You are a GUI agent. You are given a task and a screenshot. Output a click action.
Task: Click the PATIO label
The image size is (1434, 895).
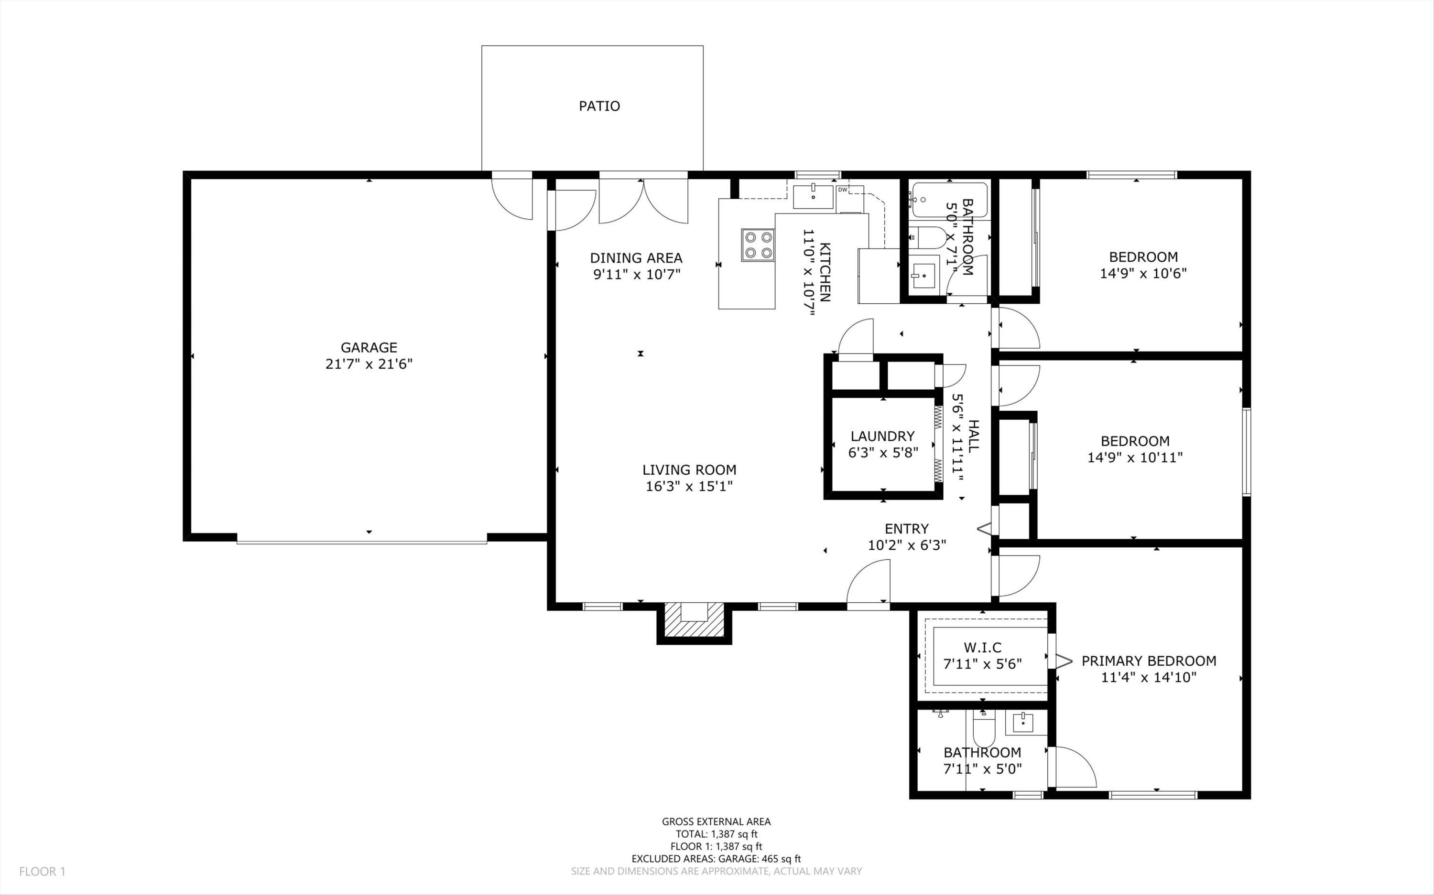[599, 106]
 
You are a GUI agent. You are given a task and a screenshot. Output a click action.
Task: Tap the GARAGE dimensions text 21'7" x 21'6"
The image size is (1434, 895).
[369, 364]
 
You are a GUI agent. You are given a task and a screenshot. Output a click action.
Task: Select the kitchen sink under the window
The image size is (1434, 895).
[814, 196]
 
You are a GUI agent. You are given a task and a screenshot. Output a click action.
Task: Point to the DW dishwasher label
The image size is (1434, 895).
[842, 190]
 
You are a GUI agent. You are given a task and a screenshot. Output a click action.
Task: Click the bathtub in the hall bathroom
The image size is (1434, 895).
[949, 200]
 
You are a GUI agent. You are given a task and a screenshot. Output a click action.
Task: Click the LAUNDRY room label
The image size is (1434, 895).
[882, 436]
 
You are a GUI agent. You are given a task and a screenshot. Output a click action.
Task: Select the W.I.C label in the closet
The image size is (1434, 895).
[982, 648]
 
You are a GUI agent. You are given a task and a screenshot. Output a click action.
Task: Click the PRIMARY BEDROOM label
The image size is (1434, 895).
[1149, 661]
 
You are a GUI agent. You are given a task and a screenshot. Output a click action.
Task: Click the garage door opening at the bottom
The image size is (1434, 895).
[361, 541]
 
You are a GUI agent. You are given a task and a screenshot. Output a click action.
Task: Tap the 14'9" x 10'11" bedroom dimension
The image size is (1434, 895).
[1135, 458]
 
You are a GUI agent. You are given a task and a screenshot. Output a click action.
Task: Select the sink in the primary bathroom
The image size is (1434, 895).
[1023, 722]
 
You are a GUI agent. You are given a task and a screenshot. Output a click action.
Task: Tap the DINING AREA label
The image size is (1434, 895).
[636, 258]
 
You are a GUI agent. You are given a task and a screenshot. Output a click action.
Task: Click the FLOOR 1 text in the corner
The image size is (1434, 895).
[42, 871]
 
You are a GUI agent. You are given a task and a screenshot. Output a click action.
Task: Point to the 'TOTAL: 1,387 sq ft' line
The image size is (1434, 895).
[716, 834]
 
